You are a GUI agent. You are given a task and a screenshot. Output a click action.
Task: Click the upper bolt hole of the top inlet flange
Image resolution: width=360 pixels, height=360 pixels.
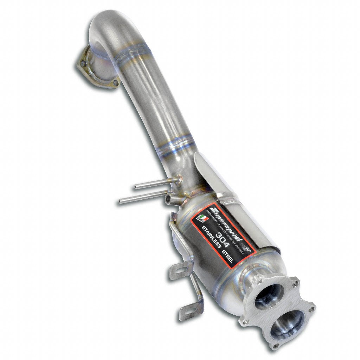pyautogui.click(x=83, y=64)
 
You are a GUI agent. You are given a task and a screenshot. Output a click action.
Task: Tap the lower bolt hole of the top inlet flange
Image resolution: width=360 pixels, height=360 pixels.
pyautogui.click(x=115, y=83)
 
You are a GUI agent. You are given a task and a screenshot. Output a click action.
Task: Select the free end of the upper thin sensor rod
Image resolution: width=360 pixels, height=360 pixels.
pyautogui.click(x=136, y=187)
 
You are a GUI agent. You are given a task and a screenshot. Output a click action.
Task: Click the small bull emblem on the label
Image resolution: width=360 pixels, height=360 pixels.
pyautogui.click(x=248, y=251)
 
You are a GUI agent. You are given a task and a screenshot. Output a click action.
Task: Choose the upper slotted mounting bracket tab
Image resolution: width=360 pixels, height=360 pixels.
pyautogui.click(x=177, y=271)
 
